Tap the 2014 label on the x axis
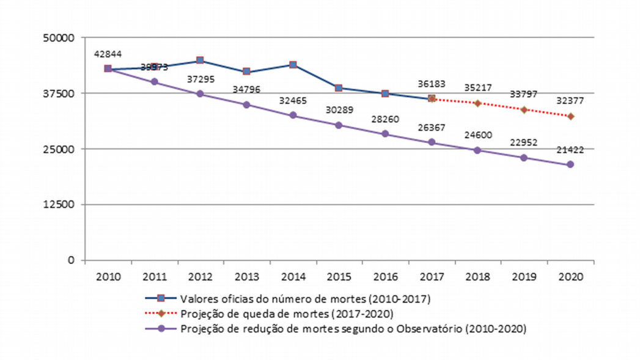pos(293,276)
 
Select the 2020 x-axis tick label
pos(570,276)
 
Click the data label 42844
pos(109,54)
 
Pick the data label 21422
pos(570,150)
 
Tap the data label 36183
pos(432,84)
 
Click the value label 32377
pos(570,101)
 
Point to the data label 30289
pos(339,111)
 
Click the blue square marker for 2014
pos(293,64)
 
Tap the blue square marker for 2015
pos(339,88)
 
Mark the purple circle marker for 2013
pos(246,105)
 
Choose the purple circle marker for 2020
pos(570,164)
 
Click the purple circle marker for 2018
pos(477,150)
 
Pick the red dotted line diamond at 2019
pos(524,109)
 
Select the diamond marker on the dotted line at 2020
pos(570,116)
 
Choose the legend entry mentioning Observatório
pos(353,328)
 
